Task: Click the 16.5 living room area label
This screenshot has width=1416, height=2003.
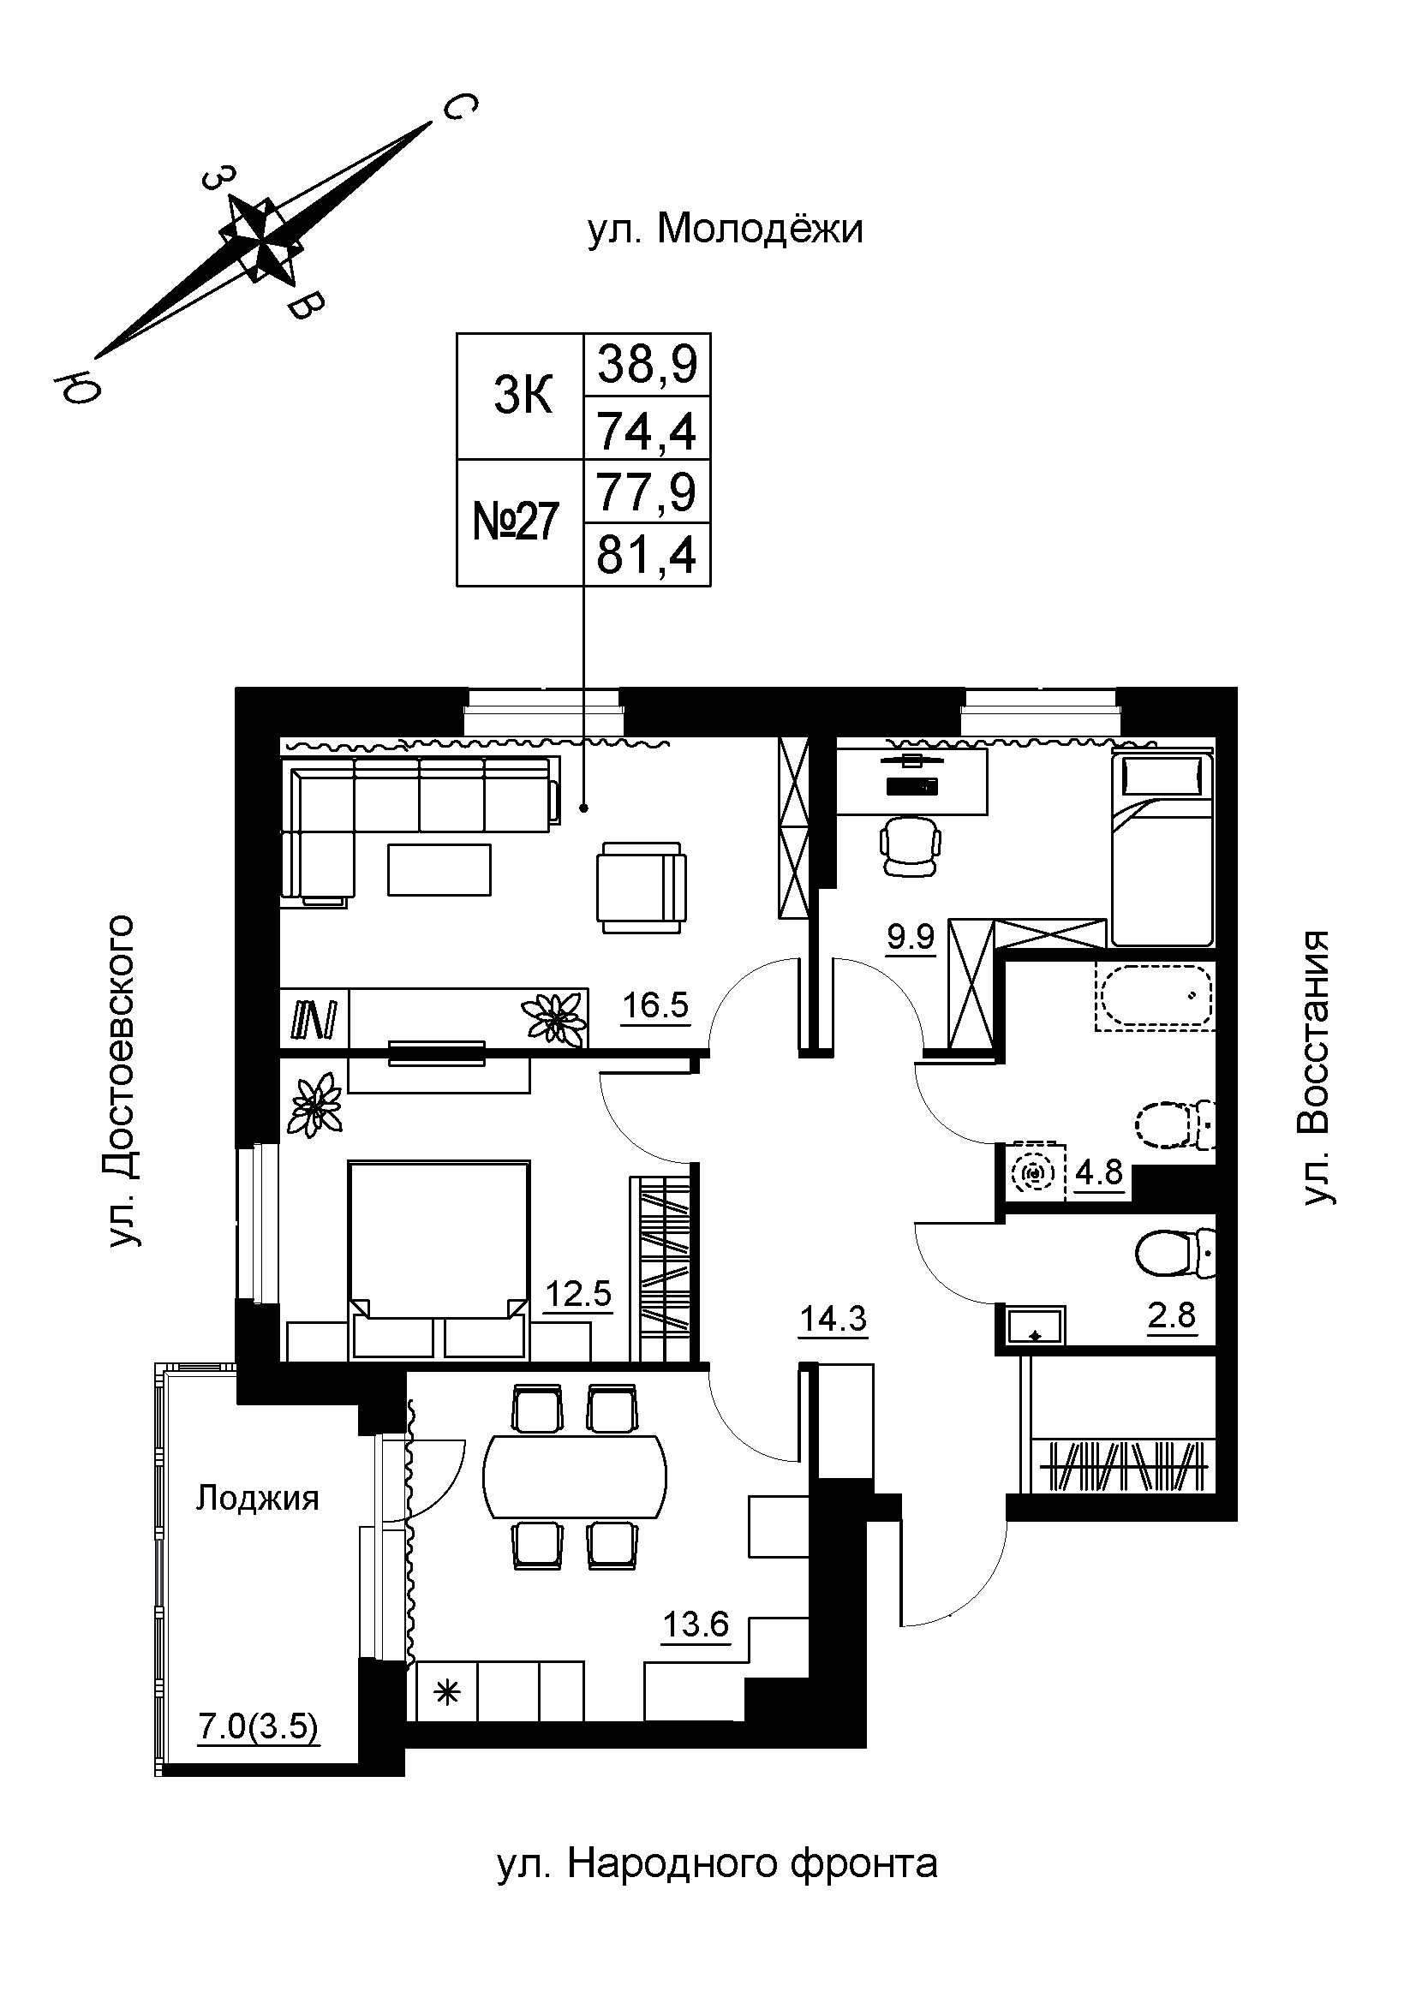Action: [654, 1006]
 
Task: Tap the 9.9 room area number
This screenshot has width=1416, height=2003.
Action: [910, 937]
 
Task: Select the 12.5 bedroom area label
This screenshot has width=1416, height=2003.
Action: [577, 1293]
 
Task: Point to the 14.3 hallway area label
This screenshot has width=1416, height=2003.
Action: [833, 1320]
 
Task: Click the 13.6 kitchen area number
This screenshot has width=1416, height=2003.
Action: [696, 1625]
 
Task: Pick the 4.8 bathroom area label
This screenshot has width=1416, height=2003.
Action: [1098, 1172]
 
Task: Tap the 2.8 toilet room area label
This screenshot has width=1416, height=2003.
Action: [1171, 1314]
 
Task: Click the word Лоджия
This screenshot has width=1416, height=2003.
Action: [257, 1499]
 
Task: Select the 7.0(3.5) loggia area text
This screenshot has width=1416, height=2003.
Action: [258, 1726]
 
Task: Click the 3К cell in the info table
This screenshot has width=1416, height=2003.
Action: [522, 397]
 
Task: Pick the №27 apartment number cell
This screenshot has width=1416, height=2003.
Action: [516, 522]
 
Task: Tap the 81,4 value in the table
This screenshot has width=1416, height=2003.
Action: [646, 555]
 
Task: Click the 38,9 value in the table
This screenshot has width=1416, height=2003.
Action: [647, 364]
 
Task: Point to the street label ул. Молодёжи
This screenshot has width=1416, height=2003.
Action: [725, 230]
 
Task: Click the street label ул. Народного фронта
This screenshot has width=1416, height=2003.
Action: [717, 1864]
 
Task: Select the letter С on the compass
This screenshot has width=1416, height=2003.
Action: [460, 107]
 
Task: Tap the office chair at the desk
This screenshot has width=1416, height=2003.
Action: [911, 845]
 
